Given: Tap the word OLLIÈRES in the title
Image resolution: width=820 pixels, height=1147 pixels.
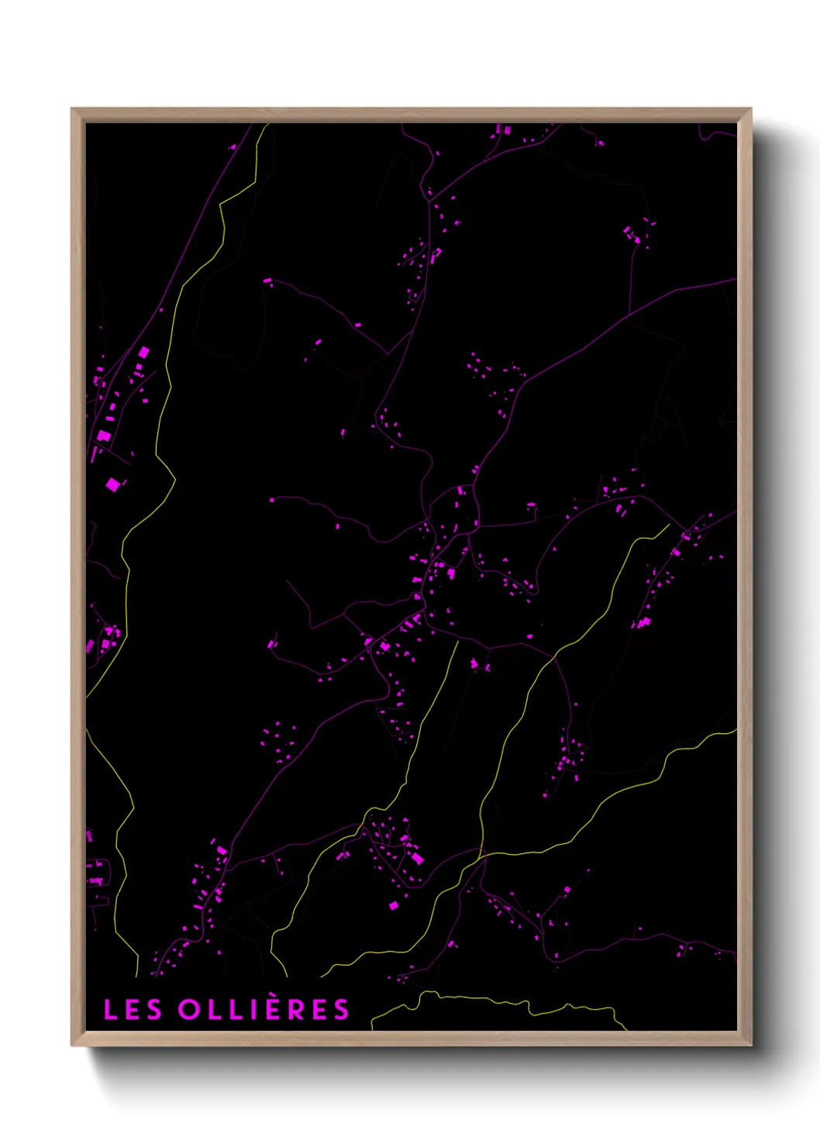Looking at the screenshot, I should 264,1009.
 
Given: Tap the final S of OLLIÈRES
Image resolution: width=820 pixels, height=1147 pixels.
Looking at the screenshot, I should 341,1010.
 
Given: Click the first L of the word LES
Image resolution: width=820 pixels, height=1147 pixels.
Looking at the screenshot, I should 110,1010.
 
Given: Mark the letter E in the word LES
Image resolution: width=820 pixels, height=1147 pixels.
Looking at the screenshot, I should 132,1010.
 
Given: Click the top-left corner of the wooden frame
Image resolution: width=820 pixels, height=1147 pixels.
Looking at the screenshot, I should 72,109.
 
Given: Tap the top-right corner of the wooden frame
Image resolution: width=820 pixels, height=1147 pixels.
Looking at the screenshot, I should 751,109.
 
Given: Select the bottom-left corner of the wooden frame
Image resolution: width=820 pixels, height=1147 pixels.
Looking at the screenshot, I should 72,1045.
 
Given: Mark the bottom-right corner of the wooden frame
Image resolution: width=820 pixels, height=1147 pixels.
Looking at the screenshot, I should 751,1045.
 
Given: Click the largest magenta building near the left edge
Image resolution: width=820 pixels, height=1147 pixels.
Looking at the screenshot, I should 113,485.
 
